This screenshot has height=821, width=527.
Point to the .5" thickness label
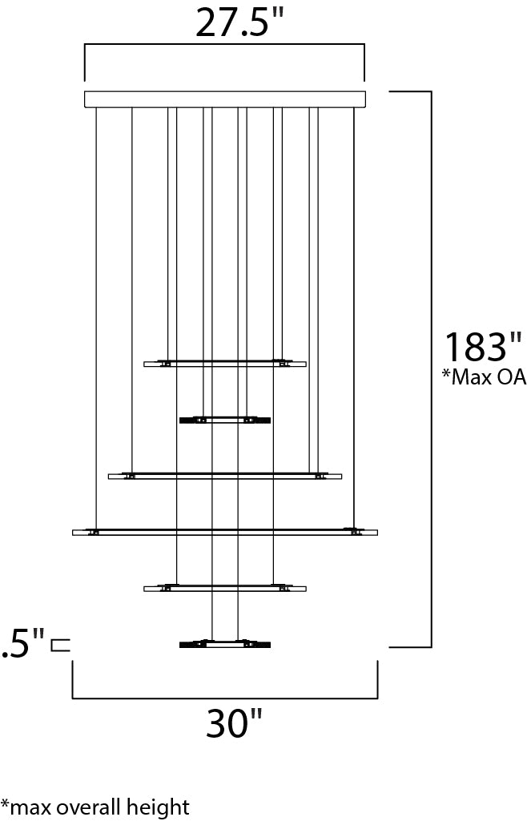(22, 643)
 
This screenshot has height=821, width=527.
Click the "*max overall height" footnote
(95, 807)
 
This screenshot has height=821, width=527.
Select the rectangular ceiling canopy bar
(225, 99)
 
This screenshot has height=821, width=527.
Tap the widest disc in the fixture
(225, 532)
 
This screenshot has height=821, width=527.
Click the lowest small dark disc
(225, 644)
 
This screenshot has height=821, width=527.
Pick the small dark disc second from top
(225, 420)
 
